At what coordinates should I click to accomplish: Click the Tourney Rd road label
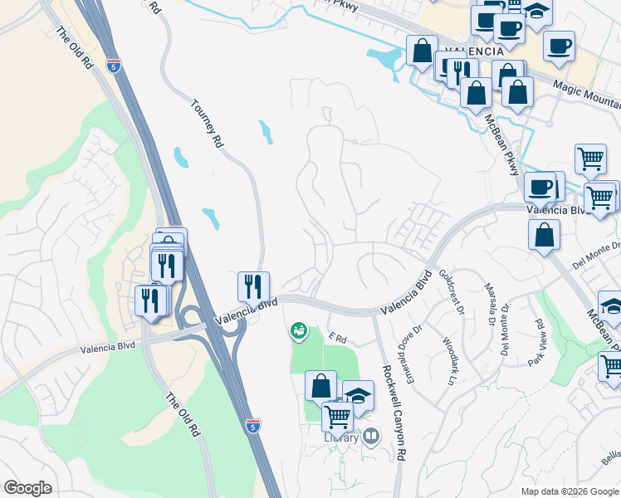208,124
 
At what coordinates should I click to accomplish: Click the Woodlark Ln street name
448,361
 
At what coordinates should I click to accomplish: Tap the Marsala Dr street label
490,304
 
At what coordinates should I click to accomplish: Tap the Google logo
27,488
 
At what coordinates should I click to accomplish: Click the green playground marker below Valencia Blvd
298,332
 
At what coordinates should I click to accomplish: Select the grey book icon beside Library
371,435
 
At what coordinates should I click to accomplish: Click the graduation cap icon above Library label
358,396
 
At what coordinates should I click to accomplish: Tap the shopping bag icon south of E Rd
320,386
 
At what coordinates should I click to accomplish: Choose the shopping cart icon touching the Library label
337,416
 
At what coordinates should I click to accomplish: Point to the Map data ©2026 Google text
570,491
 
